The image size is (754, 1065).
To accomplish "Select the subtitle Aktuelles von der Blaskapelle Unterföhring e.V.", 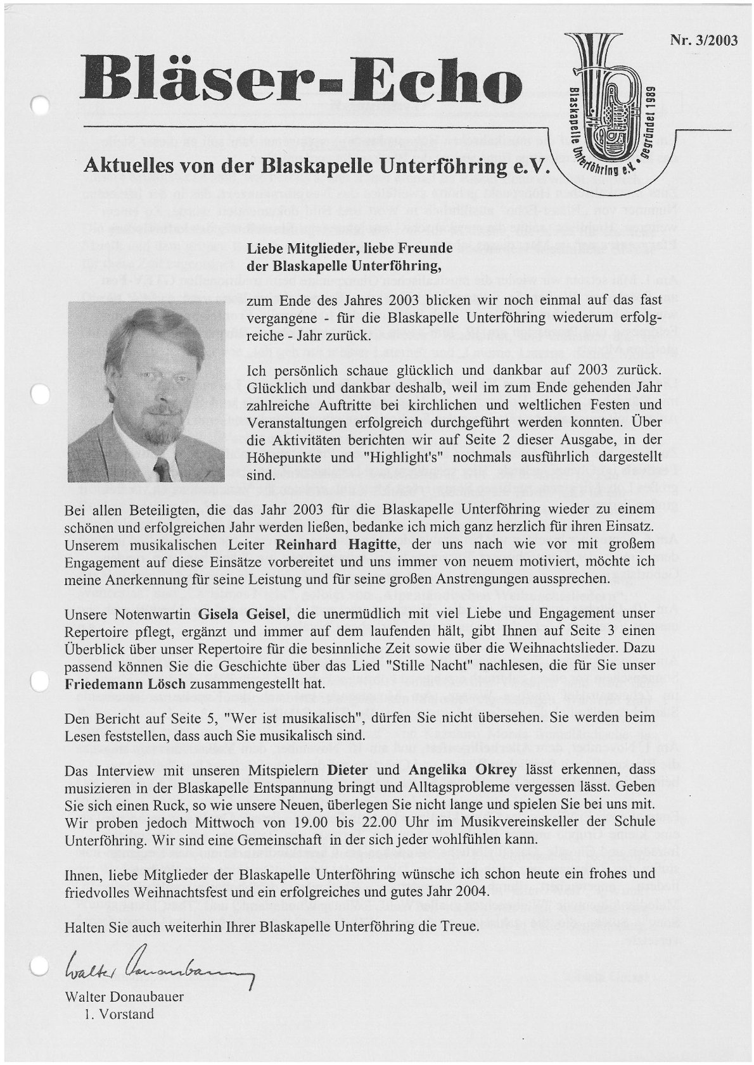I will point(317,167).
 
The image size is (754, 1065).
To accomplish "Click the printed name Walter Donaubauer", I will point(124,997).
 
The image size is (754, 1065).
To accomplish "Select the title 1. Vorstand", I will point(118,1014).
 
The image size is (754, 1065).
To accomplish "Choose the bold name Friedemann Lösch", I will point(125,684).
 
